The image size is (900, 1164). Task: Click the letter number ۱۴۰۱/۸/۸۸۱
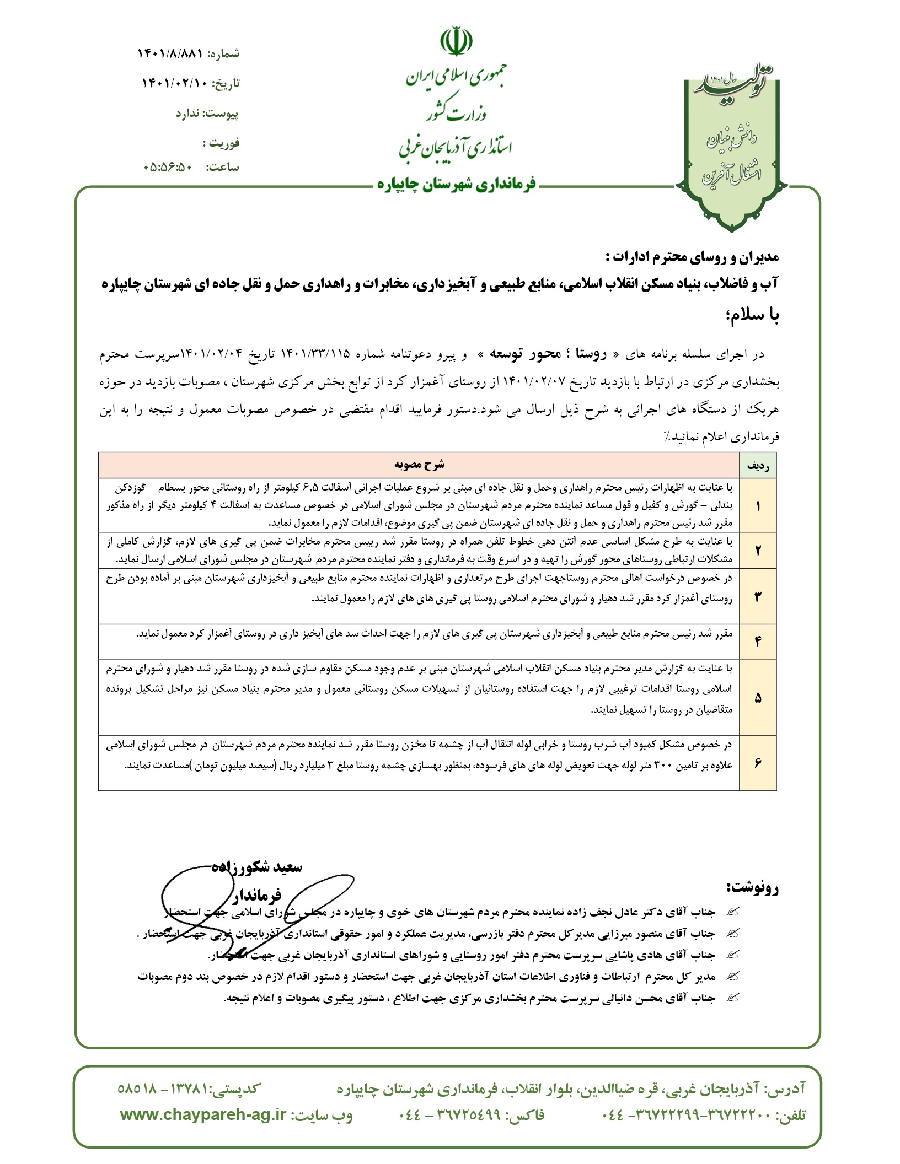tap(170, 53)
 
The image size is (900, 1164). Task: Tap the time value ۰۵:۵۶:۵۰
tap(168, 167)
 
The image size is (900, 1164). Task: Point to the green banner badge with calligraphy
tap(732, 149)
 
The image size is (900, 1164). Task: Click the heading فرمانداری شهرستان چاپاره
tap(457, 185)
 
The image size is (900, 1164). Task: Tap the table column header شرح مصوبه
tap(419, 465)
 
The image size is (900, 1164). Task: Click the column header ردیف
tap(758, 466)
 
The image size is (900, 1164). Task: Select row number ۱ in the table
tap(758, 505)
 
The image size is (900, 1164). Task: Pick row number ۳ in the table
tap(758, 596)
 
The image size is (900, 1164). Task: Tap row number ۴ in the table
tap(758, 641)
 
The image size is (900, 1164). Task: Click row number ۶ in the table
tap(758, 763)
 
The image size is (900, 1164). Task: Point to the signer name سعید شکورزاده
tap(257, 867)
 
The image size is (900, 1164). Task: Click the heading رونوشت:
tap(752, 887)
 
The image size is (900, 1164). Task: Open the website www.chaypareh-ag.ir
tap(203, 1115)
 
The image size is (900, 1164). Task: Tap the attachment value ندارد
tap(188, 114)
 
